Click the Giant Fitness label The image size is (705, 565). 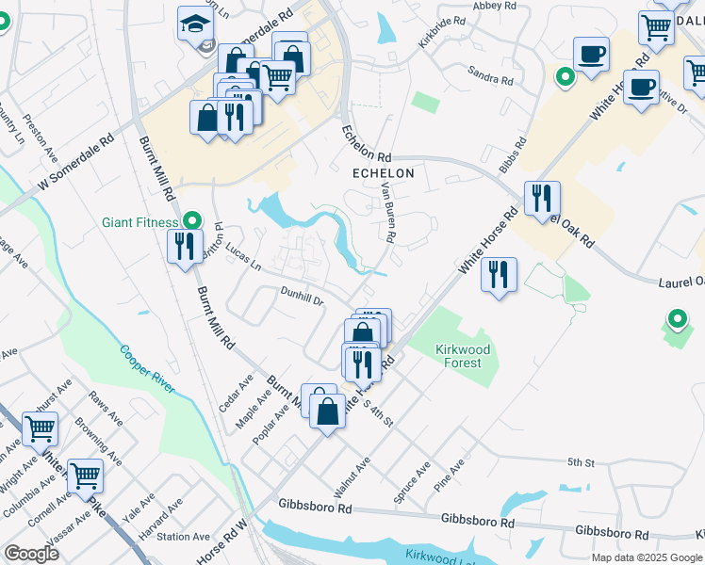(x=140, y=223)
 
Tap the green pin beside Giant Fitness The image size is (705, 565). (x=192, y=221)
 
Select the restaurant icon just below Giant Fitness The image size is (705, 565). (x=182, y=247)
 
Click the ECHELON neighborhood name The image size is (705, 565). (x=383, y=173)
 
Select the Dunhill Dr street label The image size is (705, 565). (x=302, y=297)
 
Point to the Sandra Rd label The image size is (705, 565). (x=489, y=74)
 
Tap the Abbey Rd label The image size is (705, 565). (x=495, y=6)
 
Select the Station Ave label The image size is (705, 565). (x=183, y=537)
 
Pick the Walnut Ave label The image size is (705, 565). (x=352, y=477)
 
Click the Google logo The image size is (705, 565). (x=31, y=554)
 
